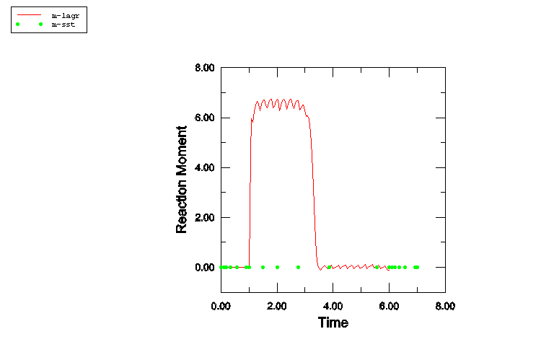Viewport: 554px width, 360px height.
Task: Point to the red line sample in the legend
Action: click(x=29, y=14)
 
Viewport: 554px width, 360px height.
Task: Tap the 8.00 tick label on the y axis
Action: click(x=205, y=68)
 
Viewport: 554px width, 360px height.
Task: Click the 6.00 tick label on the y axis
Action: click(x=205, y=118)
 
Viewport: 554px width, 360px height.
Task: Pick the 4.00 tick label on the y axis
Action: click(x=205, y=167)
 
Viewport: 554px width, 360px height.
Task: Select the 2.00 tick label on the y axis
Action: click(x=205, y=217)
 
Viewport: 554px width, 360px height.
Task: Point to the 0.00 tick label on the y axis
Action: click(x=205, y=267)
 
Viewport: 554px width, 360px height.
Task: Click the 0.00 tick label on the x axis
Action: click(x=221, y=306)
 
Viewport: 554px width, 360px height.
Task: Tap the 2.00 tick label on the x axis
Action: click(x=277, y=306)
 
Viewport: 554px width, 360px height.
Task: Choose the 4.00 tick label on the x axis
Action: click(x=333, y=306)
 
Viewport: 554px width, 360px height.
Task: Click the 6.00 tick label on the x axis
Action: click(x=389, y=306)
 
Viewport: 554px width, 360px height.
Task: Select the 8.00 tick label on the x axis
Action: click(x=445, y=306)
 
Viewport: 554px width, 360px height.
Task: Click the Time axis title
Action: click(x=333, y=322)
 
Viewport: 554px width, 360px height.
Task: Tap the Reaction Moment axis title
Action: click(x=182, y=180)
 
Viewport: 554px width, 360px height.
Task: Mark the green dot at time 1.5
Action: click(x=263, y=267)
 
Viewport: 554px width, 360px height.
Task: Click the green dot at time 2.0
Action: click(x=277, y=267)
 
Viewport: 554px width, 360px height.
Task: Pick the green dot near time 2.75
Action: click(x=298, y=267)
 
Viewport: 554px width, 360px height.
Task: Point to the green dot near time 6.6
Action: click(x=405, y=267)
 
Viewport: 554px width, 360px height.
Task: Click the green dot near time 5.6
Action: click(x=377, y=267)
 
